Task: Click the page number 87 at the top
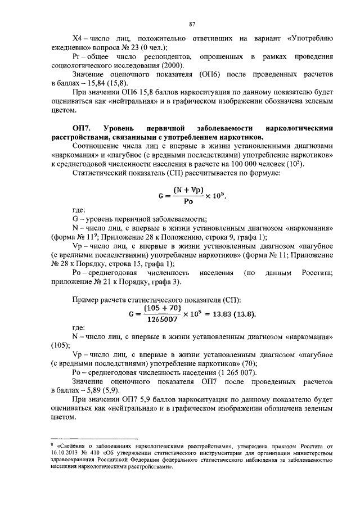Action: pos(192,24)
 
